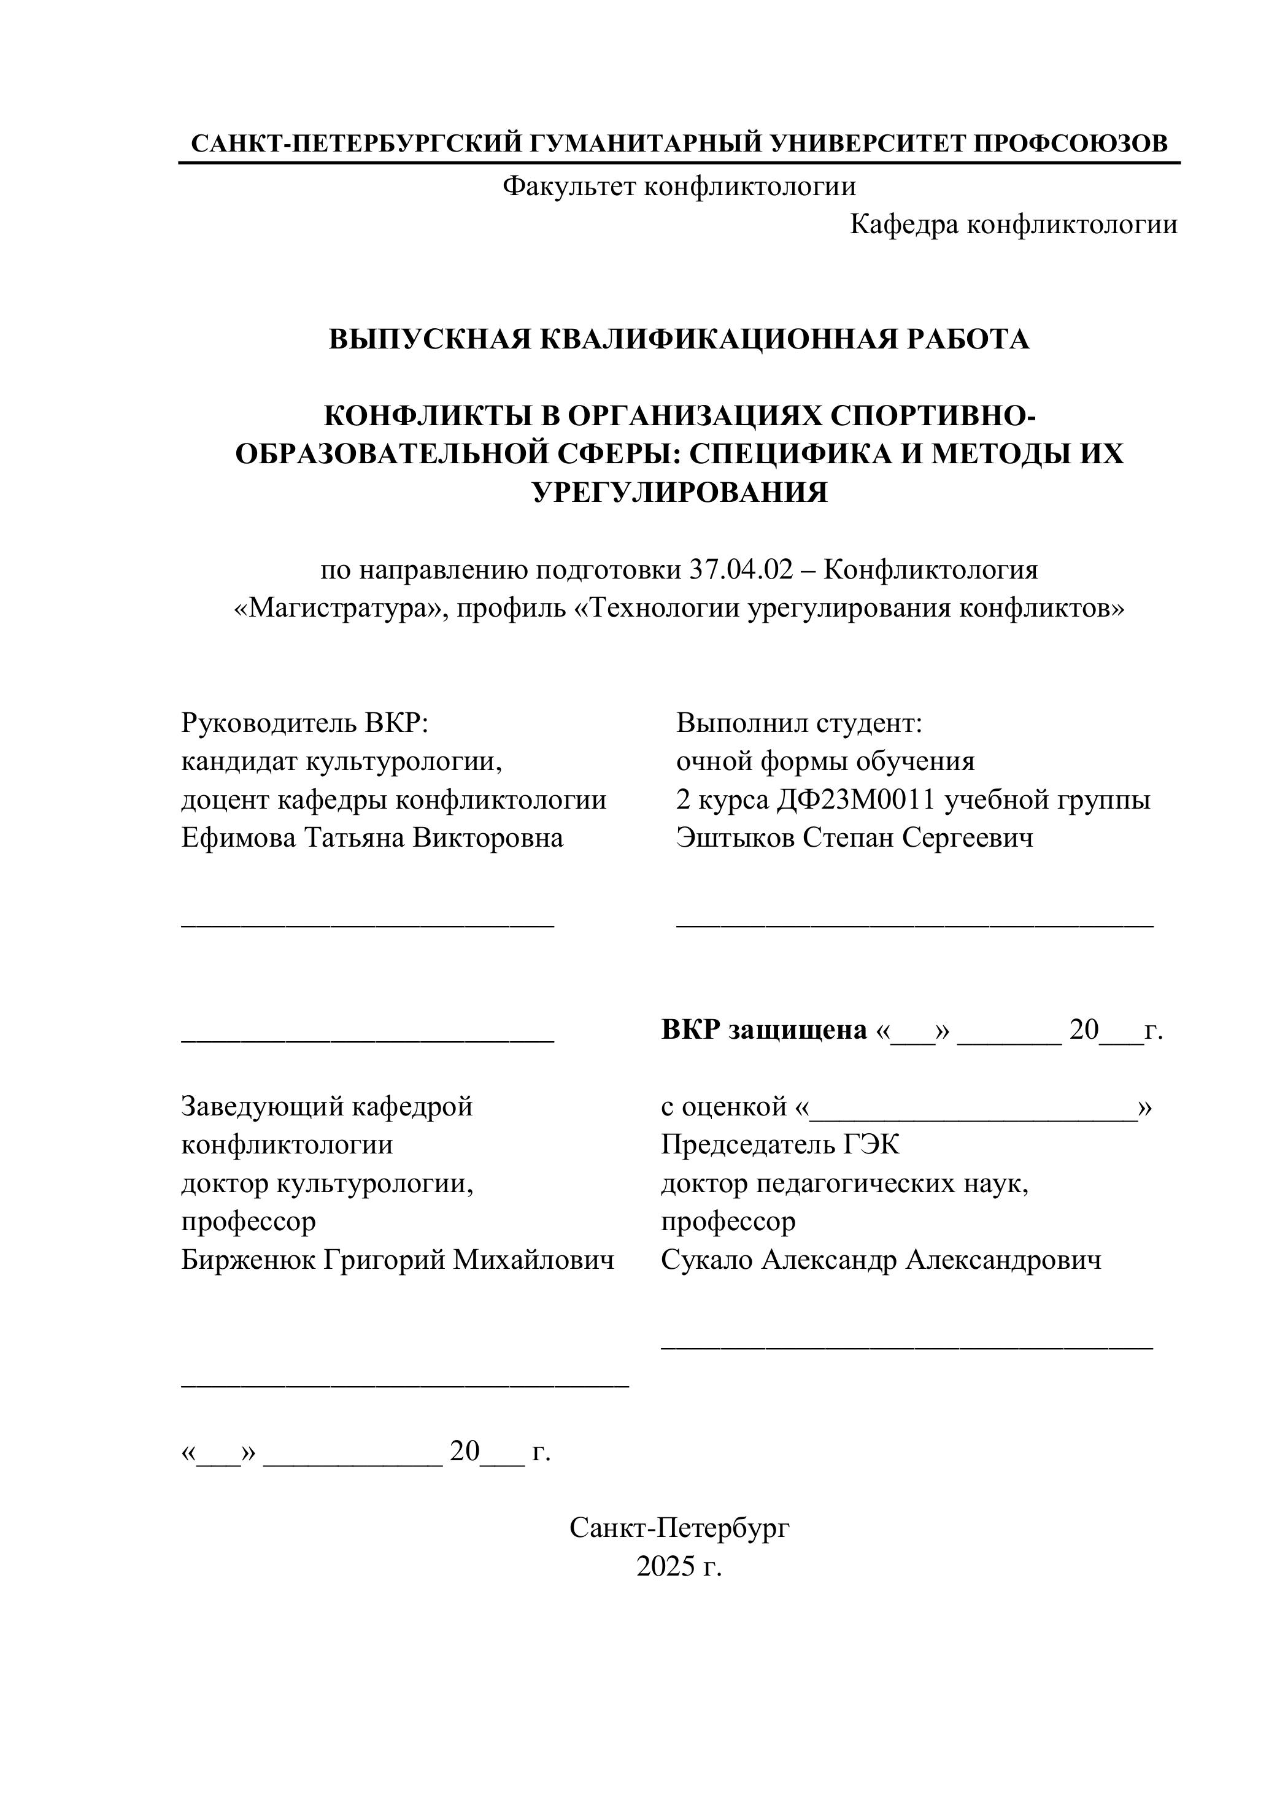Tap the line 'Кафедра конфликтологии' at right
(1012, 225)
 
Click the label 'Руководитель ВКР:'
(306, 723)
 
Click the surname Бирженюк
(248, 1260)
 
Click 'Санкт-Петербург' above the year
(679, 1528)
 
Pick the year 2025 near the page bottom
(664, 1566)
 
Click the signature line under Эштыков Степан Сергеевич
(914, 925)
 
